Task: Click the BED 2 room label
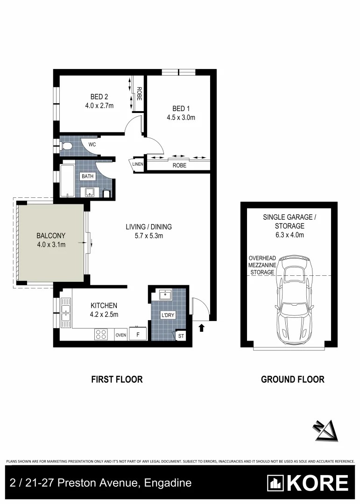pos(97,97)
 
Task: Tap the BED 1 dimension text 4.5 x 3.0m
pos(181,118)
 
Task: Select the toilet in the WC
pos(67,147)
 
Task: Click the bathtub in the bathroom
pos(66,181)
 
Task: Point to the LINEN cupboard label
pos(137,164)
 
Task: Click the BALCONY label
pos(51,236)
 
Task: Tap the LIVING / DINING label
pos(148,227)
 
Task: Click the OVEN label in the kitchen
pos(121,335)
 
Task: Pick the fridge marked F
pos(138,334)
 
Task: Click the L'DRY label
pos(168,315)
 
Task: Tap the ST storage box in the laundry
pos(181,336)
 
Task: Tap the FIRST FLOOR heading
pos(117,379)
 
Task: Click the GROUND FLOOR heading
pos(292,379)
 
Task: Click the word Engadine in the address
pos(169,483)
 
